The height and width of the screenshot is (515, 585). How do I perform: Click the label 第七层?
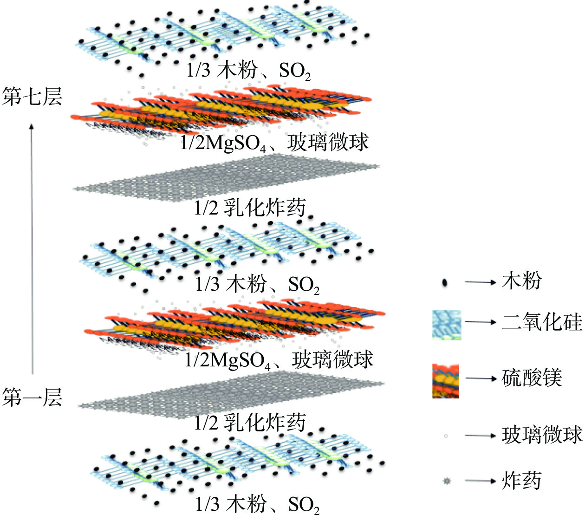point(32,97)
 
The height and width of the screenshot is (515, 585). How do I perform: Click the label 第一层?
point(32,398)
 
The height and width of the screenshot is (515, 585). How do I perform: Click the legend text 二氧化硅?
point(541,322)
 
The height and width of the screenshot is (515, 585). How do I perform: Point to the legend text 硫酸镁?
point(532,378)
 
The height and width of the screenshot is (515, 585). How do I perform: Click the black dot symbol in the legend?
point(444,282)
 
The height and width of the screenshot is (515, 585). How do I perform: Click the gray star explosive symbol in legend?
point(447,481)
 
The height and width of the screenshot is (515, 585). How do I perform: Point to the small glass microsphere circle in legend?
point(446,436)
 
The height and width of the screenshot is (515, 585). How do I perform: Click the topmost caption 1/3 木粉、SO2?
point(248,71)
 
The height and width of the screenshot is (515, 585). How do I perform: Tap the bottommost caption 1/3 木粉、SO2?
point(257,504)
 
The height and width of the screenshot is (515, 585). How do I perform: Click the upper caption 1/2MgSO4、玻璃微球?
point(274,143)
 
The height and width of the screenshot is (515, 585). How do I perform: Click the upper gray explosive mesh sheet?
point(227,179)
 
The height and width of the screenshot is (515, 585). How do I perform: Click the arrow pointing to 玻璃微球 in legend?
point(480,436)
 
